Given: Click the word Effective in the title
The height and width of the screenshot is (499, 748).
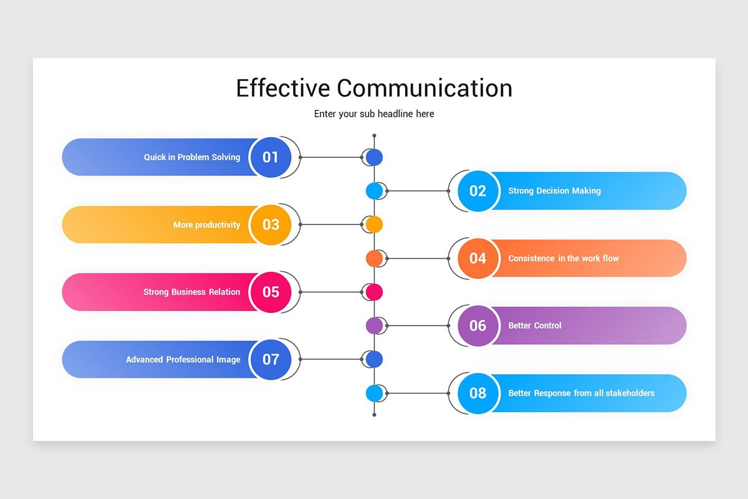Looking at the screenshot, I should [x=282, y=88].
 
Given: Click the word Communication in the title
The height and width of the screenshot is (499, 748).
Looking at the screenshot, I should [x=424, y=88].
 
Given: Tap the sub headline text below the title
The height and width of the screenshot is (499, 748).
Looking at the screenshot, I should [x=374, y=114].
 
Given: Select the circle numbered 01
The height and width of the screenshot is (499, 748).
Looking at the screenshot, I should [x=271, y=157].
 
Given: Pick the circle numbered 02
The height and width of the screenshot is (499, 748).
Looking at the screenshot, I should [x=477, y=191].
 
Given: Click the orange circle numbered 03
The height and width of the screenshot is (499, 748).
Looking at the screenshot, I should [x=271, y=225].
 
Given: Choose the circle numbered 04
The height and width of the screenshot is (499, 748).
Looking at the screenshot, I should [x=477, y=258].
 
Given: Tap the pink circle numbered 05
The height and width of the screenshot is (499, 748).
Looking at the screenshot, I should [x=271, y=292].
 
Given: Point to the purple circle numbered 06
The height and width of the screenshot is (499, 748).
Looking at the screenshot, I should [x=477, y=326].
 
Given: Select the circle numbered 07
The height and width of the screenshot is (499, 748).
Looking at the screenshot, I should [x=271, y=359].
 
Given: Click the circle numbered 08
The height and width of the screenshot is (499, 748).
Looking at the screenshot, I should [x=477, y=393].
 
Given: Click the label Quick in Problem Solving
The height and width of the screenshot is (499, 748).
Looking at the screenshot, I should [x=192, y=157].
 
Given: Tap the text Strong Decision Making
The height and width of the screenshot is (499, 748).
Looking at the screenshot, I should [x=554, y=191].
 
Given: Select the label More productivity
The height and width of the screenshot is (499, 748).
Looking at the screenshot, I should [x=206, y=225].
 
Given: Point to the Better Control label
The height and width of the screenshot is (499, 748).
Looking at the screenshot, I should [x=535, y=326].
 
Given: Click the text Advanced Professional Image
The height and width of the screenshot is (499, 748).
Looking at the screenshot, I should [x=183, y=359].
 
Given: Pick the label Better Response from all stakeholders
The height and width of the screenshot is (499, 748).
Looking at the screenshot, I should [x=581, y=393].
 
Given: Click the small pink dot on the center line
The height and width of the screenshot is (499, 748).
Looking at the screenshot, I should [x=374, y=292].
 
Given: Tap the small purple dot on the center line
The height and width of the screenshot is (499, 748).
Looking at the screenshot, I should [x=374, y=326].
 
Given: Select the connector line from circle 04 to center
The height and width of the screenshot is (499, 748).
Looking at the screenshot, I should [x=418, y=258].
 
